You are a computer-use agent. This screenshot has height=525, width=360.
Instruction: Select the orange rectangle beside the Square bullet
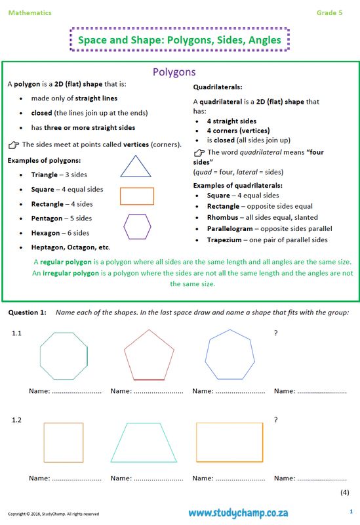(137, 196)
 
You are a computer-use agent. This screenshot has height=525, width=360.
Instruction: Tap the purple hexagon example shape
(137, 226)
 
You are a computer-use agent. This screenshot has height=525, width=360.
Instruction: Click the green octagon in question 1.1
(64, 356)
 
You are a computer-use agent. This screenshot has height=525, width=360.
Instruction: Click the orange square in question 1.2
(63, 443)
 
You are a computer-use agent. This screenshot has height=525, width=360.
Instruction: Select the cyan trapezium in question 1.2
(144, 443)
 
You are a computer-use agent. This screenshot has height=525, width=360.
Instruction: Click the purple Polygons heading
(174, 72)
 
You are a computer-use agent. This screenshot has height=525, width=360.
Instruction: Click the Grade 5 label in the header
(329, 12)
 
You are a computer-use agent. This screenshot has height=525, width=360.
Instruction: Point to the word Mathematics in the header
(30, 12)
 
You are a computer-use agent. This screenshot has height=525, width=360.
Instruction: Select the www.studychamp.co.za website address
(239, 513)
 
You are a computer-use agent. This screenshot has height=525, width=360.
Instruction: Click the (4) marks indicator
(344, 492)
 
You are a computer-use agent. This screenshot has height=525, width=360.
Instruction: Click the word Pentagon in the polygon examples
(47, 218)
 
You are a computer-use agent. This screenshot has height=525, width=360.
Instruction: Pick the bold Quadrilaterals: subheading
(218, 87)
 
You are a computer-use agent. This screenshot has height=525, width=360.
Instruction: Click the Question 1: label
(27, 312)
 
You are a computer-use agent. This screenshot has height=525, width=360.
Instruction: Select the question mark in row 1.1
(276, 333)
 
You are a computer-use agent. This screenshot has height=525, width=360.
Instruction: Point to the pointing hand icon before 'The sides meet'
(13, 144)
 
